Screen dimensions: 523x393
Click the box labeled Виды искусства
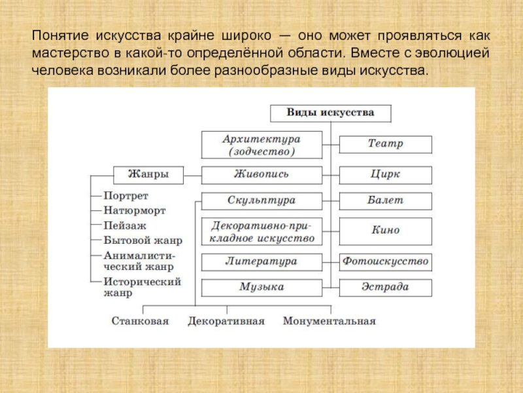pyautogui.click(x=331, y=113)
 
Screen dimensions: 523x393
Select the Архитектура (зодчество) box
pyautogui.click(x=261, y=145)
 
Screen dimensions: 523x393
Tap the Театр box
pyautogui.click(x=385, y=144)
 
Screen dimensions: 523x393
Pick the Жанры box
pyautogui.click(x=148, y=175)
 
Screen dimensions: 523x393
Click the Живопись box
pyautogui.click(x=261, y=175)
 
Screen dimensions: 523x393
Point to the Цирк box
pyautogui.click(x=385, y=175)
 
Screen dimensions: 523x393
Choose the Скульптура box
pyautogui.click(x=261, y=200)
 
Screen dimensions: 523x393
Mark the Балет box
pyautogui.click(x=385, y=200)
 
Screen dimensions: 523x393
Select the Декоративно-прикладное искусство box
pyautogui.click(x=261, y=231)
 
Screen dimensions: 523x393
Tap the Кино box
pyautogui.click(x=385, y=231)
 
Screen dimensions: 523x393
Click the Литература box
pyautogui.click(x=261, y=261)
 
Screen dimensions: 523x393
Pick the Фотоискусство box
pyautogui.click(x=385, y=261)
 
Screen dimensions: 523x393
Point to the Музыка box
pyautogui.click(x=261, y=287)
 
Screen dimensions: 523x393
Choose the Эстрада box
pyautogui.click(x=385, y=287)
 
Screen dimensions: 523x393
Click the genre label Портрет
pyautogui.click(x=126, y=196)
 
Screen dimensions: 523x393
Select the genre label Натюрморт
pyautogui.click(x=135, y=211)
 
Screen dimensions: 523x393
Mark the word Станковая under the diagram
pyautogui.click(x=140, y=321)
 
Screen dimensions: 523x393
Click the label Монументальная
pyautogui.click(x=329, y=321)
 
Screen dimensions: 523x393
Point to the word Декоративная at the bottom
pyautogui.click(x=226, y=321)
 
